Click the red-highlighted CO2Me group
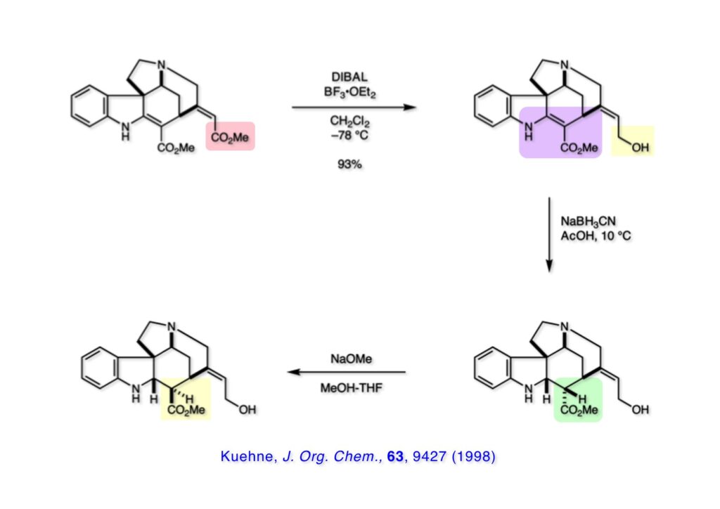tap(231, 138)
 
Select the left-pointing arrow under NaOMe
tap(348, 372)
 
